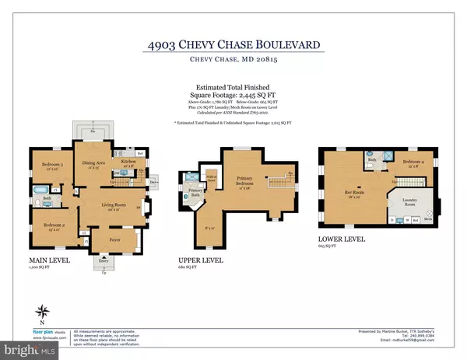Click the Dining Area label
(96, 164)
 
